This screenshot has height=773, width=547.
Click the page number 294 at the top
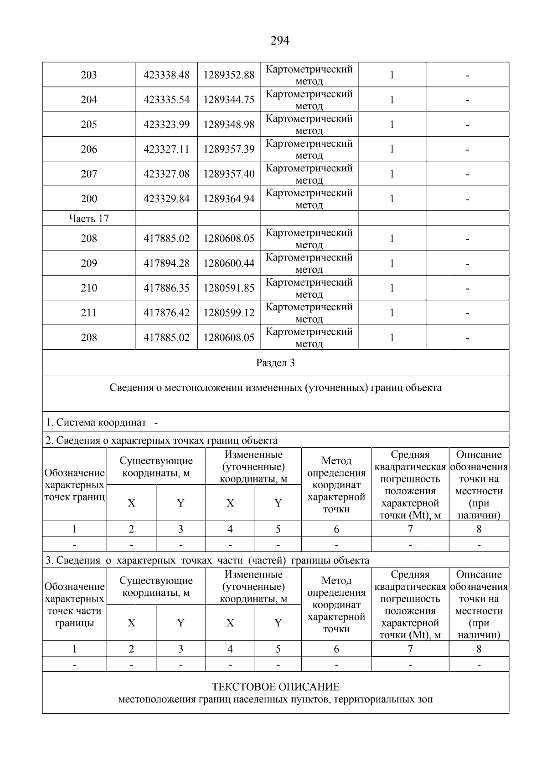coord(280,41)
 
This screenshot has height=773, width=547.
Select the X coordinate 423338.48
coord(166,75)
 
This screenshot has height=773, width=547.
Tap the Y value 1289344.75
coord(229,99)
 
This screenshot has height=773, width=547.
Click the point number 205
coord(89,124)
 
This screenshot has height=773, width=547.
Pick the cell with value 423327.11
coord(166,149)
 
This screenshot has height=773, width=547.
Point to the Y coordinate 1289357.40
coord(229,174)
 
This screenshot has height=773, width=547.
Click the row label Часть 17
coord(89,219)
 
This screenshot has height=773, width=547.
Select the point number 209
coord(89,263)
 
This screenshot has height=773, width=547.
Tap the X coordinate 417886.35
coord(166,288)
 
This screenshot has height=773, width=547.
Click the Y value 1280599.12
coord(229,312)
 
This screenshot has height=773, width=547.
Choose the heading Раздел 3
coord(275,363)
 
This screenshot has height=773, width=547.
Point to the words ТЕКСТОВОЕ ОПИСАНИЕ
coord(275,686)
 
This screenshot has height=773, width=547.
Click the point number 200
coord(89,199)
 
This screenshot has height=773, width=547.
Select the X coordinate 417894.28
coord(166,263)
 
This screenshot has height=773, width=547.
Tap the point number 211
coord(89,312)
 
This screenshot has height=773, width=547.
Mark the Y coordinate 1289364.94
coord(229,199)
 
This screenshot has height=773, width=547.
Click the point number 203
coord(89,75)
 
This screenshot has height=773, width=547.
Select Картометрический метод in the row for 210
coord(309,288)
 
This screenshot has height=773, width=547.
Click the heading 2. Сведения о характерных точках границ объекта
coord(162,440)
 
